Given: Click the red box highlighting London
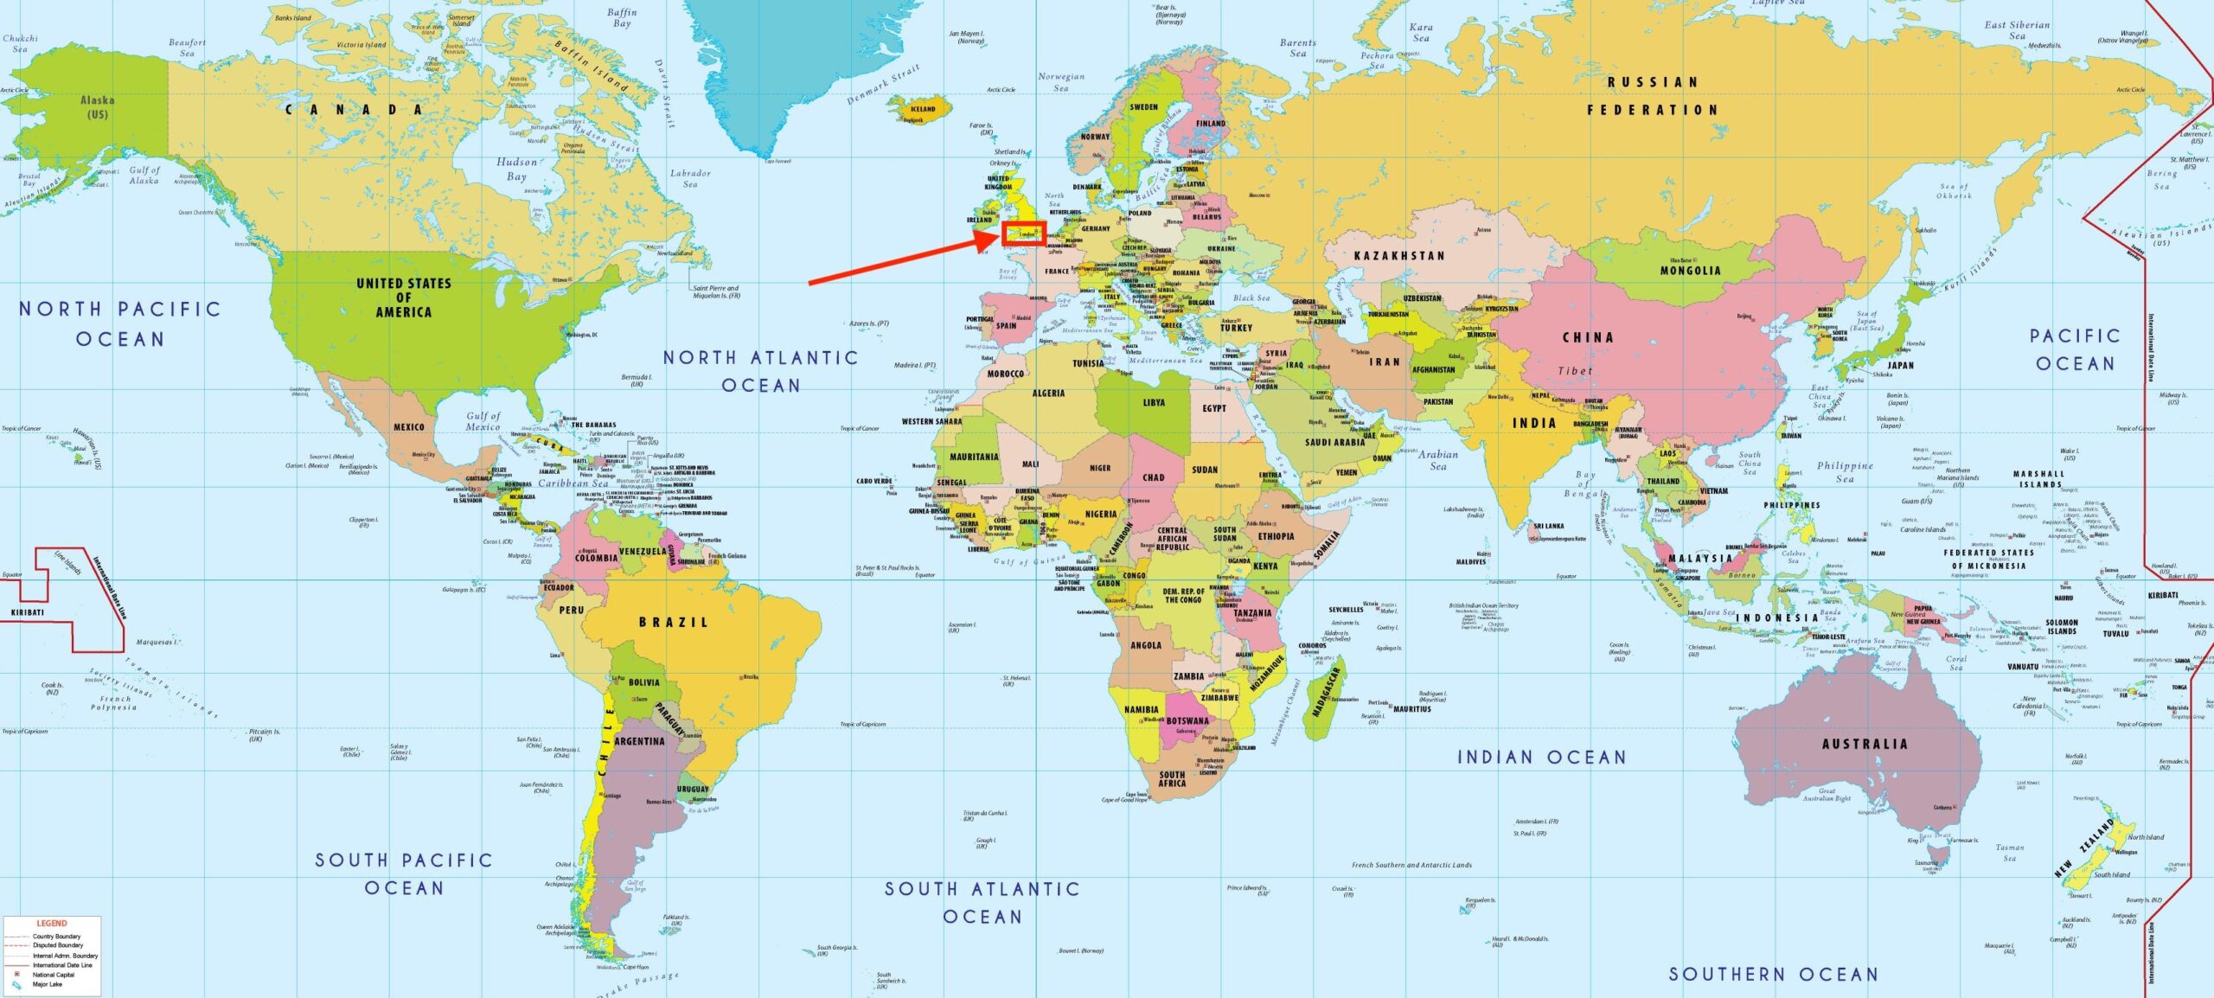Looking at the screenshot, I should (1024, 234).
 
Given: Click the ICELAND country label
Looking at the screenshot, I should (923, 109).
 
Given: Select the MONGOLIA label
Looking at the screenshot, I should (1690, 271).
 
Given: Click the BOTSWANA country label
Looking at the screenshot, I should (1187, 720).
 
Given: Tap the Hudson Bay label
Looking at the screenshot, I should (516, 169).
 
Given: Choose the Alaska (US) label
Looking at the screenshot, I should (97, 106).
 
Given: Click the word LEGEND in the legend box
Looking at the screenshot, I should (51, 923).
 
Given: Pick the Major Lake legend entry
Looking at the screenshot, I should (47, 984).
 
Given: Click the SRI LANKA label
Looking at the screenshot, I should (1548, 526).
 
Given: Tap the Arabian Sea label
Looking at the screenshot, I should (1437, 460).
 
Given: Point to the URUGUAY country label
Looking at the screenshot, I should (693, 789).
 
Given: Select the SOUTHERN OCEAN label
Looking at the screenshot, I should (1772, 974).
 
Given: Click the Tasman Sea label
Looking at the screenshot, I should (2009, 853).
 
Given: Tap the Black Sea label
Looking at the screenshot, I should (1251, 297).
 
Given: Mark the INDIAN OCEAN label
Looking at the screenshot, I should (1541, 758).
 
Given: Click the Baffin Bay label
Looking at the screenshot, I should (621, 17).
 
